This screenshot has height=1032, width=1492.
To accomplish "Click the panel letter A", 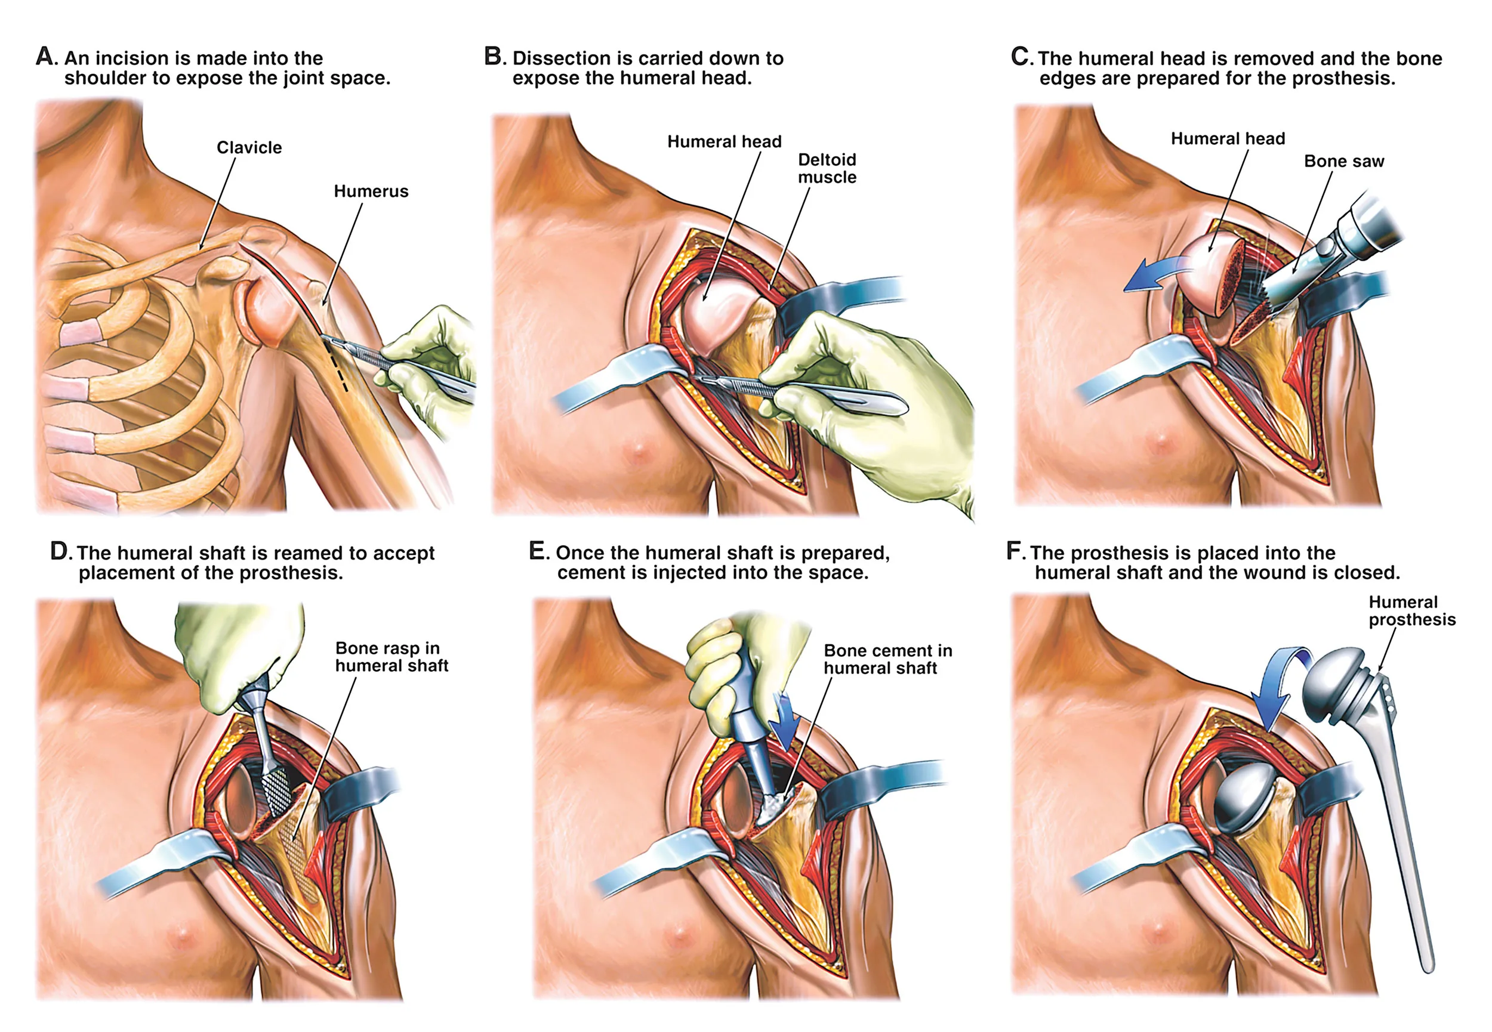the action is click(45, 56).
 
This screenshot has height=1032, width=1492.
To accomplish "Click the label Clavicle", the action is click(249, 147).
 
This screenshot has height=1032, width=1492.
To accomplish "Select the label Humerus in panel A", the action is click(371, 191).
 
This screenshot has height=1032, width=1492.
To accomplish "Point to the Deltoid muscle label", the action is click(827, 168).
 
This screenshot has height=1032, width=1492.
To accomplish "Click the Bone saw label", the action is click(1343, 161).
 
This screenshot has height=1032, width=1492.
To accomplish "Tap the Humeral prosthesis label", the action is click(1412, 610).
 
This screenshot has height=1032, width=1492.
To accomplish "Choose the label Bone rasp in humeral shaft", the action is click(392, 656).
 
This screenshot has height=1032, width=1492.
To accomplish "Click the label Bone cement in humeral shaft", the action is click(887, 659).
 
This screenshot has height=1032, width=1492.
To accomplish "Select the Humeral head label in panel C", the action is click(1228, 138).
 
